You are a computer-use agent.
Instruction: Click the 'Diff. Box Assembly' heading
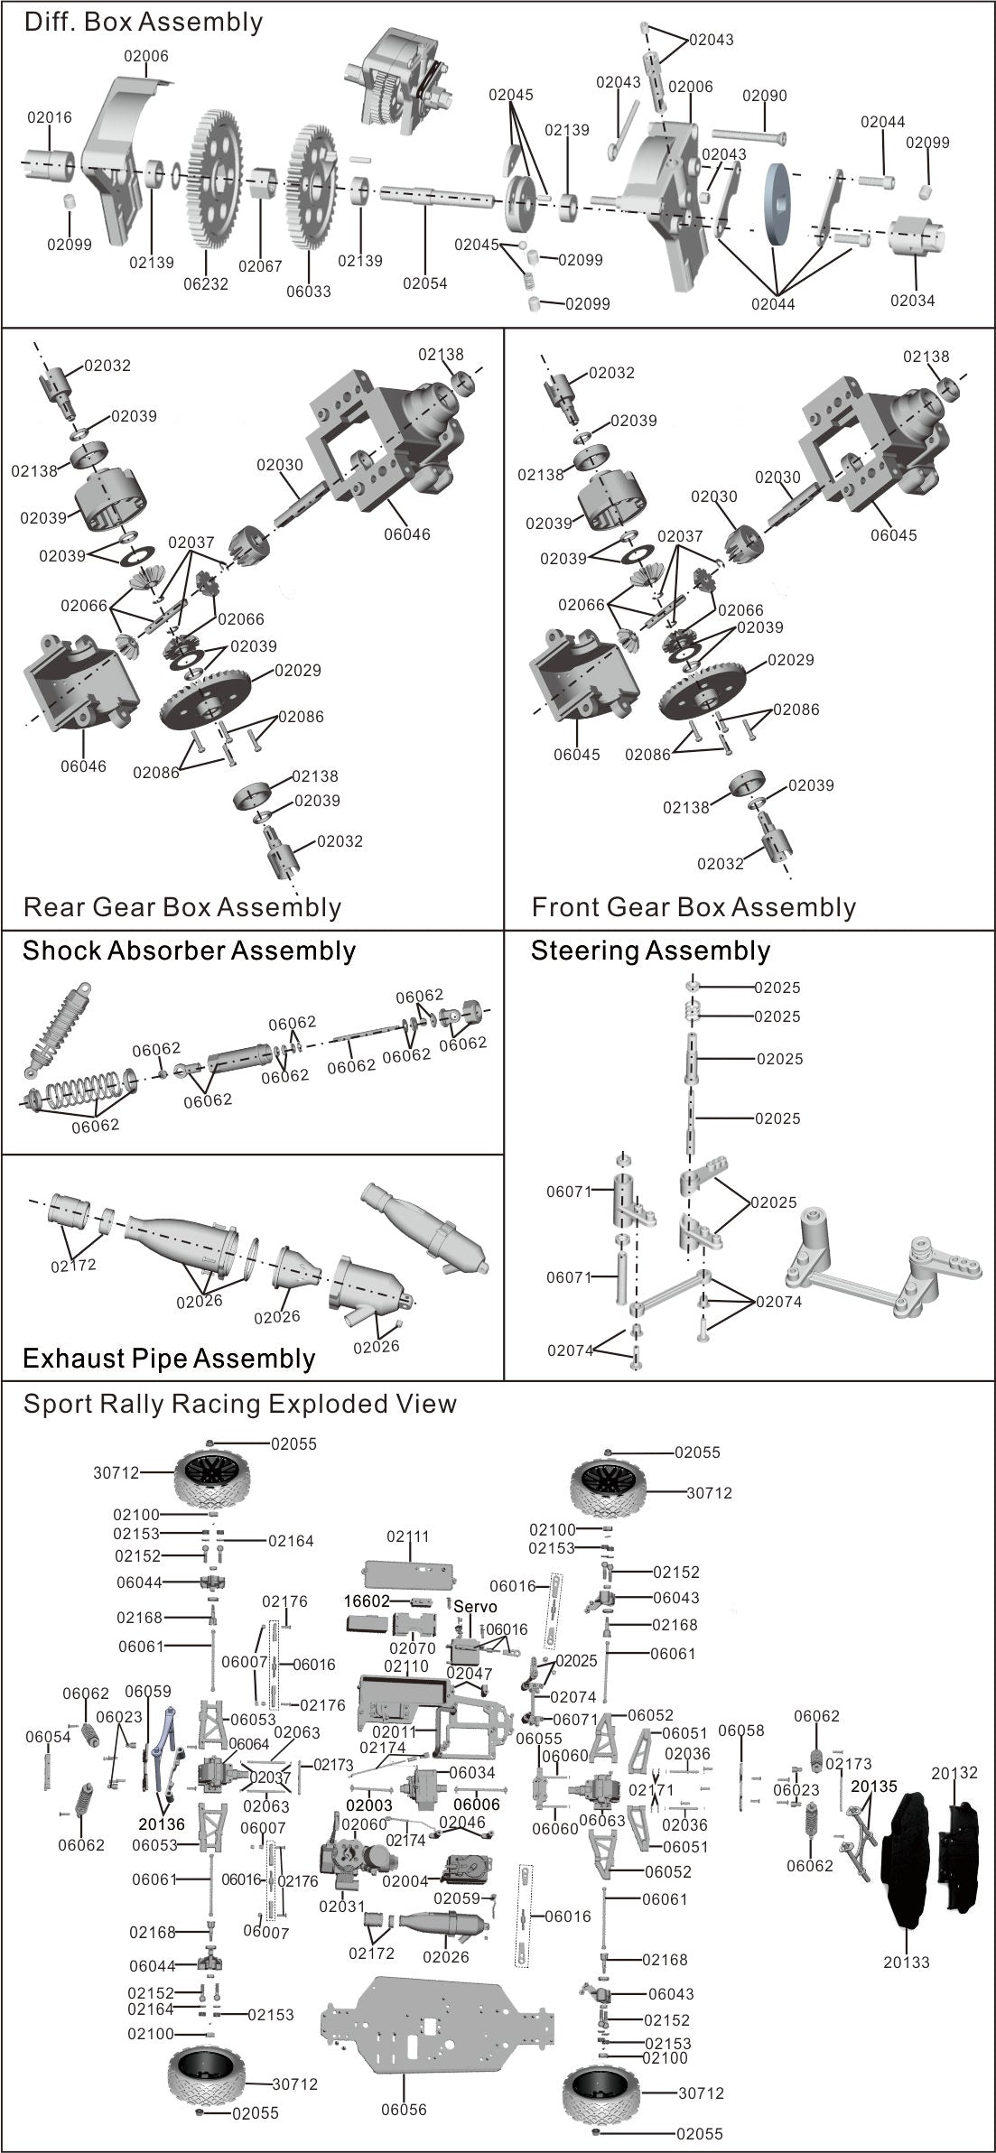pyautogui.click(x=144, y=23)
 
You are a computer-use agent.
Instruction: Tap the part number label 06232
pyautogui.click(x=206, y=283)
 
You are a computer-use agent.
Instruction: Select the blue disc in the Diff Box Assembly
pyautogui.click(x=776, y=203)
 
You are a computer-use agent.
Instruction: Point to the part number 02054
pyautogui.click(x=425, y=283)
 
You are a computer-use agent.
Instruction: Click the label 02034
pyautogui.click(x=912, y=301)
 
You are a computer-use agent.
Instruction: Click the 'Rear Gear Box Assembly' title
pyautogui.click(x=182, y=907)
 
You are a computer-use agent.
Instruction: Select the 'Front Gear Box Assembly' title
pyautogui.click(x=693, y=907)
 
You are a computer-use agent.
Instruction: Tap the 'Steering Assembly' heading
pyautogui.click(x=650, y=951)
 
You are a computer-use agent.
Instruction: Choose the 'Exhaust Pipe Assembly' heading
pyautogui.click(x=169, y=1359)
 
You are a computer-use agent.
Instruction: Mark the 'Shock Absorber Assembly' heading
pyautogui.click(x=190, y=951)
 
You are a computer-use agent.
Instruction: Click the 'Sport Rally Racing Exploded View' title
pyautogui.click(x=240, y=1404)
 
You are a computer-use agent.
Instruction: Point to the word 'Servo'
pyautogui.click(x=475, y=1607)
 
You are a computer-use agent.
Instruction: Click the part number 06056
pyautogui.click(x=404, y=2110)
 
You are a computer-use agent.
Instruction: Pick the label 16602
pyautogui.click(x=367, y=1601)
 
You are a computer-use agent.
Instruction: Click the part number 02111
pyautogui.click(x=408, y=1536)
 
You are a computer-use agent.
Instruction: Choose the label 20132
pyautogui.click(x=954, y=1773)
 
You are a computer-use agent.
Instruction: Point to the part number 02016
pyautogui.click(x=50, y=117)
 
